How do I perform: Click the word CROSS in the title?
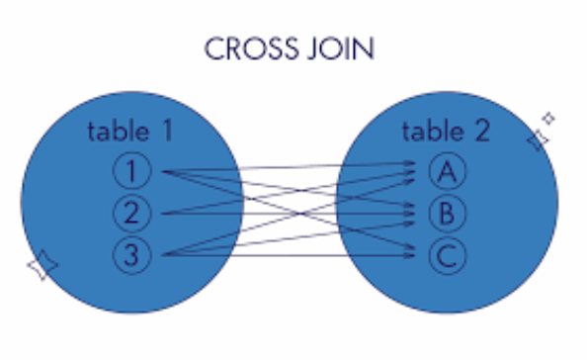point(247,48)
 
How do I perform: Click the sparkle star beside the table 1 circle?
point(42,265)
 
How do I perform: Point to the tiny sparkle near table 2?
point(549,119)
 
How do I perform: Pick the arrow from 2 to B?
point(296,212)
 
